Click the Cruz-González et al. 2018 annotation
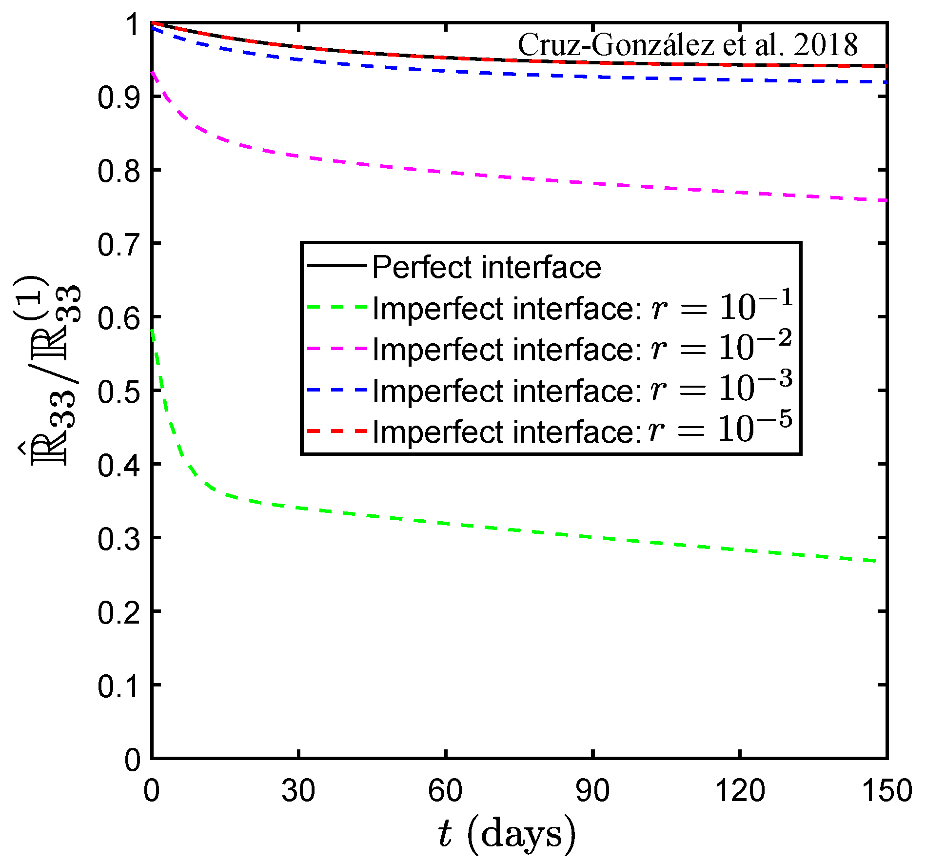coord(687,45)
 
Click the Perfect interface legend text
coord(486,267)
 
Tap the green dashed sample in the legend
coord(336,308)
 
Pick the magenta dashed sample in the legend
coord(336,349)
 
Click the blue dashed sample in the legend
coord(336,390)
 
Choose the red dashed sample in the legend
coord(336,431)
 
